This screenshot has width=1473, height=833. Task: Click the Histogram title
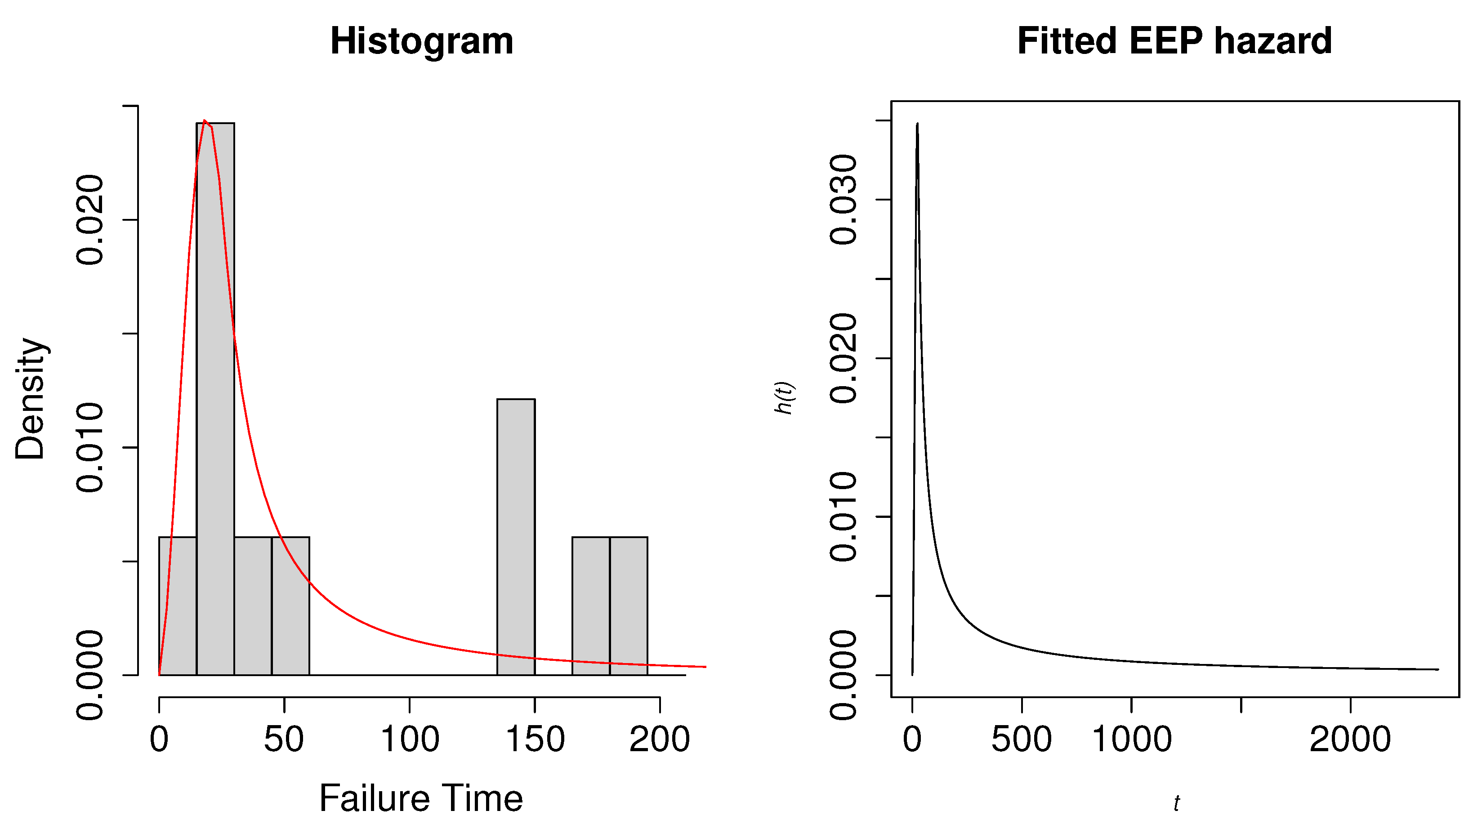tap(422, 41)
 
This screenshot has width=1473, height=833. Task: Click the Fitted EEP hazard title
tap(1174, 41)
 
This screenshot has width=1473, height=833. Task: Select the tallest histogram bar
tap(215, 401)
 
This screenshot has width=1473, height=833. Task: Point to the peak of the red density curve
tap(205, 121)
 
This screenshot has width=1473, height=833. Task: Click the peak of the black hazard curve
tap(917, 124)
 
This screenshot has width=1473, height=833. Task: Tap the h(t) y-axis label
tap(784, 398)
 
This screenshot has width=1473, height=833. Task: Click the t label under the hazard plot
tap(1176, 803)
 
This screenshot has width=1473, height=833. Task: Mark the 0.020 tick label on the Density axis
tap(90, 220)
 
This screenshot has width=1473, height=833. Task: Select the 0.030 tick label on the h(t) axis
tap(843, 199)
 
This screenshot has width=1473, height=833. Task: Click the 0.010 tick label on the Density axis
tap(90, 447)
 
